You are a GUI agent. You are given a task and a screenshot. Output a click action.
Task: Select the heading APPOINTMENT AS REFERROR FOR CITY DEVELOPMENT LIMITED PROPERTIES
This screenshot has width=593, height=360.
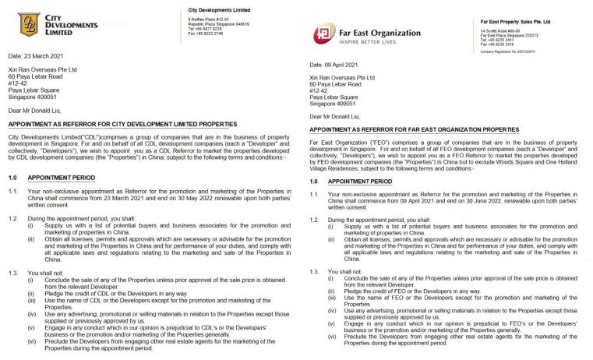(122, 124)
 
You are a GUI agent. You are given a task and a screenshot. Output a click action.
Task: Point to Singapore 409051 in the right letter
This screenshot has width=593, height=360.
(333, 103)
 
